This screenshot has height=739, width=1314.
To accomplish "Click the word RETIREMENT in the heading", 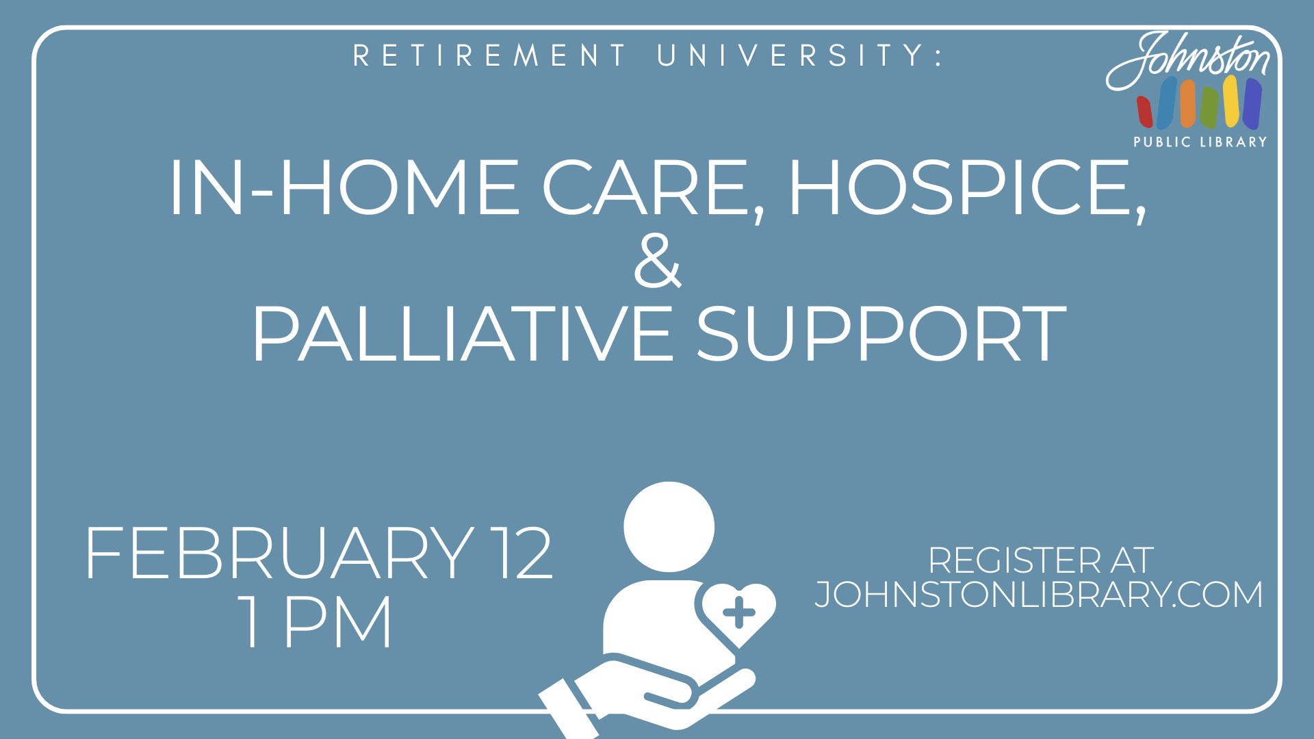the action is tap(489, 55).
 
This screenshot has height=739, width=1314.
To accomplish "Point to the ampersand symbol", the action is tap(658, 261).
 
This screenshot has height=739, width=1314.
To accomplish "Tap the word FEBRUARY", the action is tap(279, 554).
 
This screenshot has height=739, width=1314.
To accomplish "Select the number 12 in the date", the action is tap(524, 554).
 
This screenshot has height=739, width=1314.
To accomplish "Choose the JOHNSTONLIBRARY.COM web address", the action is tap(1039, 594).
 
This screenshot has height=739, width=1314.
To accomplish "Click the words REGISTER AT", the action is tap(1041, 560).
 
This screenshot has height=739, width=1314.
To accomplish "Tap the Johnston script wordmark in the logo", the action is tap(1188, 60).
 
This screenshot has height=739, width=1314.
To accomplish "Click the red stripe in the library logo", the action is tap(1145, 112).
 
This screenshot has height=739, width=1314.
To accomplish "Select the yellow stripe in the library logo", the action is tap(1231, 101).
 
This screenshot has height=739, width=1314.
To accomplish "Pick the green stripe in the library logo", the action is tap(1209, 107).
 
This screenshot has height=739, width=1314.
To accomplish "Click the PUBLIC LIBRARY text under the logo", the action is tap(1200, 142).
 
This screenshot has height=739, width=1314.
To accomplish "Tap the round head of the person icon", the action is tap(669, 527).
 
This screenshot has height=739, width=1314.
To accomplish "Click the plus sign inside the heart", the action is tap(738, 612).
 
